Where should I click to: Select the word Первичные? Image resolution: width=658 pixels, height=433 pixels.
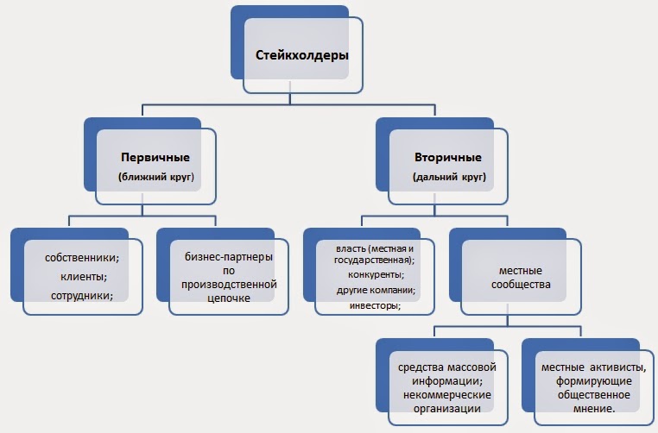pos(155,158)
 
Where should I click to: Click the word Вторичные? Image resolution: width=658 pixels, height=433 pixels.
pos(448,158)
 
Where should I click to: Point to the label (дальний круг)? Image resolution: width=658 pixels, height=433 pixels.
pos(448,177)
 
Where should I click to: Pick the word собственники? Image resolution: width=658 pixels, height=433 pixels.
pos(83,258)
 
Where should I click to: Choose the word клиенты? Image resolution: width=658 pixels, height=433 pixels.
pos(83,277)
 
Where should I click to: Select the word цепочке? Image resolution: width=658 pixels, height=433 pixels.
pos(229,298)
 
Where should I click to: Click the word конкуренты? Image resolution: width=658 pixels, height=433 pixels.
pos(375,275)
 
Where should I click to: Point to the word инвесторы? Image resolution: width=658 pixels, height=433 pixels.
pos(375,306)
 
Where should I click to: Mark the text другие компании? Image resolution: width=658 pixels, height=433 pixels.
pos(375,291)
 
